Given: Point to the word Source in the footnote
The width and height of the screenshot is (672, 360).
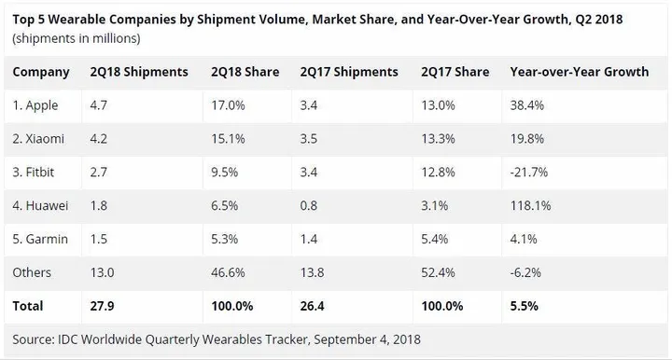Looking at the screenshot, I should pyautogui.click(x=34, y=339).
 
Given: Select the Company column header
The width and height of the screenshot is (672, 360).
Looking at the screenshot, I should pyautogui.click(x=42, y=72).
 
